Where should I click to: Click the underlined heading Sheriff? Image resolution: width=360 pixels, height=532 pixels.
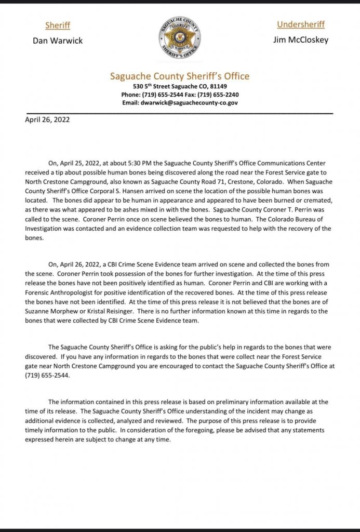tap(57, 25)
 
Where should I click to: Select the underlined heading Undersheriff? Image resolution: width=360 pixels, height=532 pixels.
tap(301, 24)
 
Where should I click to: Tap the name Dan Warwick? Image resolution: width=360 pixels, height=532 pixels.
tap(58, 41)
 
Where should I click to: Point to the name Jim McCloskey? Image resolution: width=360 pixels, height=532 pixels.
tap(301, 40)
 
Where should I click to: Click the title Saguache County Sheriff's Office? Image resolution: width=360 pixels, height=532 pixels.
tap(180, 76)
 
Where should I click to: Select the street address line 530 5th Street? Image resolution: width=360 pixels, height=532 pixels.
tap(180, 86)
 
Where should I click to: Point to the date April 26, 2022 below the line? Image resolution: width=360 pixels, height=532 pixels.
tap(47, 119)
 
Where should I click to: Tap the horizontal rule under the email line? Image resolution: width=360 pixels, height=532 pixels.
tap(179, 112)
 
